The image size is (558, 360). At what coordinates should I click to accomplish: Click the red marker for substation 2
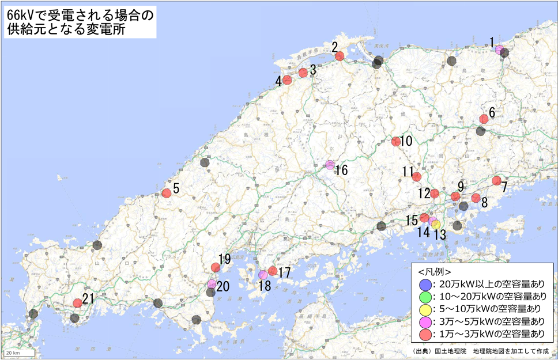[x=340, y=56]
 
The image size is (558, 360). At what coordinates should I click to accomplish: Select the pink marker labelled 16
[x=330, y=165]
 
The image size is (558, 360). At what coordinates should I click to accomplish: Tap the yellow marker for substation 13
[x=436, y=224]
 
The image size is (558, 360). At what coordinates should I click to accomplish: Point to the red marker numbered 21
[x=77, y=302]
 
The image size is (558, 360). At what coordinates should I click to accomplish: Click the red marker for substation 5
[x=167, y=193]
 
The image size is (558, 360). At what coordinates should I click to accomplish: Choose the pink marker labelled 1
[x=499, y=50]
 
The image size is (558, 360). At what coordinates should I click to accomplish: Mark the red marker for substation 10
[x=395, y=141]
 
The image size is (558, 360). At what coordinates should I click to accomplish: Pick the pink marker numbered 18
[x=263, y=274]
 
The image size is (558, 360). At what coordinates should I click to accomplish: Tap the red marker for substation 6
[x=484, y=119]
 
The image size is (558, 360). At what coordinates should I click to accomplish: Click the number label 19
[x=224, y=259]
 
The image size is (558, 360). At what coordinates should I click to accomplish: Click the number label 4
[x=278, y=81]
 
